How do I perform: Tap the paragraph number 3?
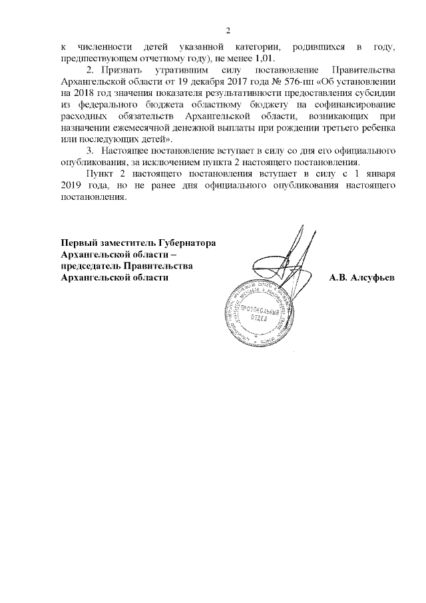[90, 152]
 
